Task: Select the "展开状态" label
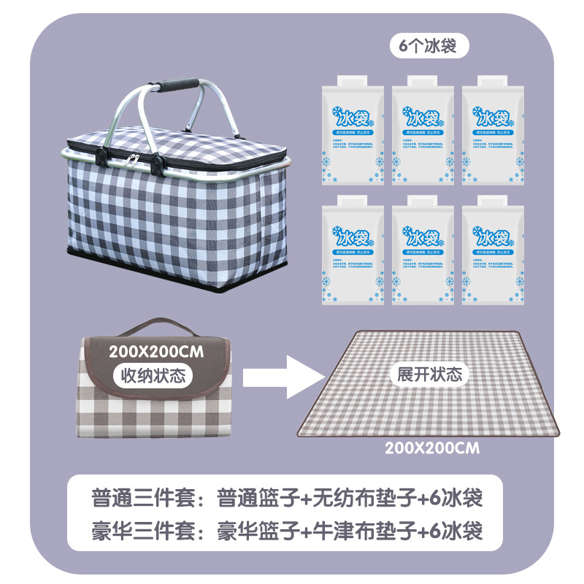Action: (x=429, y=374)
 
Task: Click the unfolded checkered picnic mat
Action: (x=431, y=409)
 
